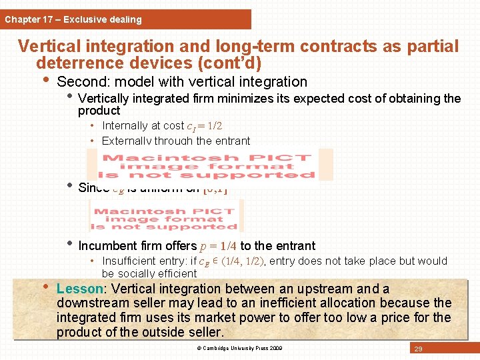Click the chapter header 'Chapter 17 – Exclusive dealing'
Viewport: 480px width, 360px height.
pyautogui.click(x=73, y=19)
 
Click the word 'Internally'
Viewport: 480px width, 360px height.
pyautogui.click(x=125, y=126)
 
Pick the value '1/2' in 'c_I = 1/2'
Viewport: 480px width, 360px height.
pyautogui.click(x=215, y=126)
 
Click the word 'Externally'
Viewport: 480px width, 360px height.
pyautogui.click(x=127, y=141)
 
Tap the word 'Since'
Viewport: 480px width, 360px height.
pyautogui.click(x=93, y=188)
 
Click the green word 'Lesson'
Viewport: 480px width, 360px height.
pyautogui.click(x=78, y=289)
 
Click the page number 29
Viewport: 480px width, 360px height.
pyautogui.click(x=418, y=349)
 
